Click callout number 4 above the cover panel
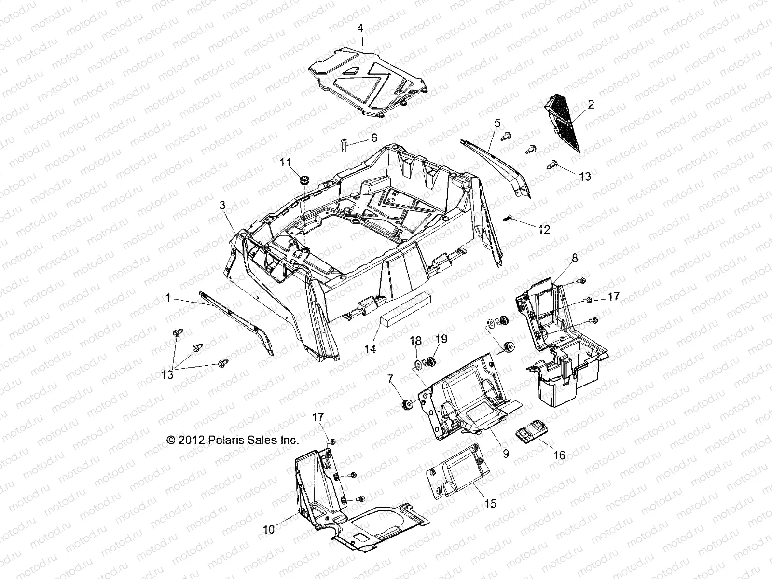(x=360, y=28)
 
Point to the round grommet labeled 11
(x=304, y=181)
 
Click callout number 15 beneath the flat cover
(x=491, y=504)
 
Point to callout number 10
(x=269, y=529)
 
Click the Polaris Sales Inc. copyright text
(x=233, y=440)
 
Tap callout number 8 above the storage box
(x=575, y=258)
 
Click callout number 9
(x=506, y=453)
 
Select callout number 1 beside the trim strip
(x=168, y=299)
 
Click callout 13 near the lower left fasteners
(x=167, y=375)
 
